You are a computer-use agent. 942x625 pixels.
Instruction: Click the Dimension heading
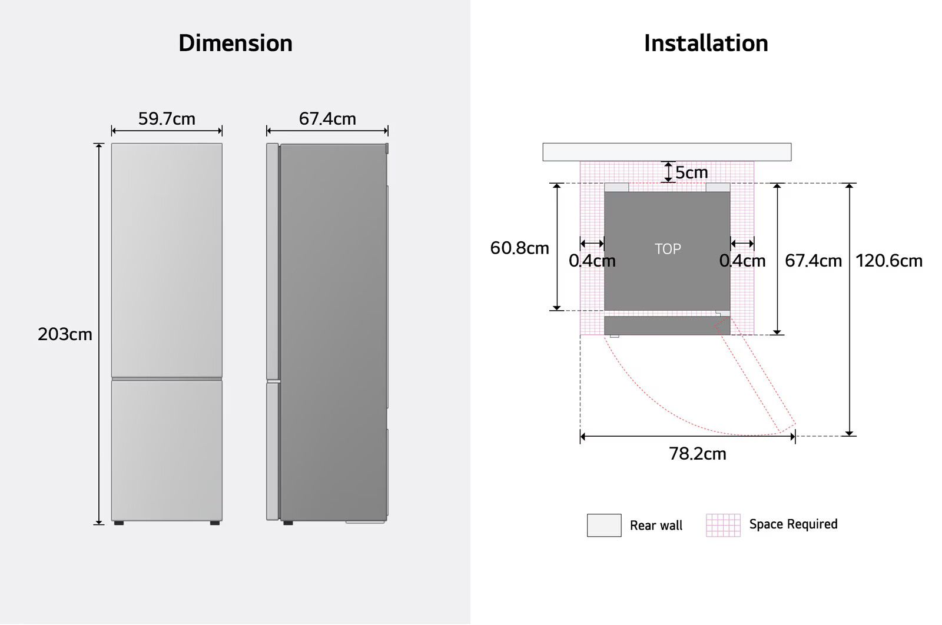point(235,44)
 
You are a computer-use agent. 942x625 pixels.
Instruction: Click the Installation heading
point(706,44)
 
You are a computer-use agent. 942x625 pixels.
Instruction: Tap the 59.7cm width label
point(167,119)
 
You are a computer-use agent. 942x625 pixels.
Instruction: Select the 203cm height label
point(65,334)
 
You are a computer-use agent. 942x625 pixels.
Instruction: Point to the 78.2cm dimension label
point(697,454)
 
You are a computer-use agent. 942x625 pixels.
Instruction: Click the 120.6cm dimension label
point(888,261)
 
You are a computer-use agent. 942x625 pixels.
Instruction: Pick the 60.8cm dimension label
point(519,248)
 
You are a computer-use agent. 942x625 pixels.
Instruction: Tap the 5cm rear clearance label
point(691,172)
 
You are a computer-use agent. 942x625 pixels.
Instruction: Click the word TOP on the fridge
point(668,249)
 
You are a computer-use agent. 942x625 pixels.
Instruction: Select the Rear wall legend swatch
point(604,525)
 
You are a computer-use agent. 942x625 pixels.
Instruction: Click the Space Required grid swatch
point(723,525)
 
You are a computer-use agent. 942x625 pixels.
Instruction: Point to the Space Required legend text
point(793,524)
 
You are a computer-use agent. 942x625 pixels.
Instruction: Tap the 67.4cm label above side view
point(327,119)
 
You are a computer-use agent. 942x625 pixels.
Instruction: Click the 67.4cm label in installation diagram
point(813,261)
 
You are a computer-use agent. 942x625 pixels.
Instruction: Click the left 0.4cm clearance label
point(592,261)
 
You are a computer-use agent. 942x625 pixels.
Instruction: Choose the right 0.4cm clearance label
point(742,261)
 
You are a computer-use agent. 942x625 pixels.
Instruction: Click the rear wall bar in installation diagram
point(666,152)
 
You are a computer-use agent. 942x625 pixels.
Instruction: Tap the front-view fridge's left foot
point(119,523)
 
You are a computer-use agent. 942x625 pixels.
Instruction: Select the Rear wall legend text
point(656,526)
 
